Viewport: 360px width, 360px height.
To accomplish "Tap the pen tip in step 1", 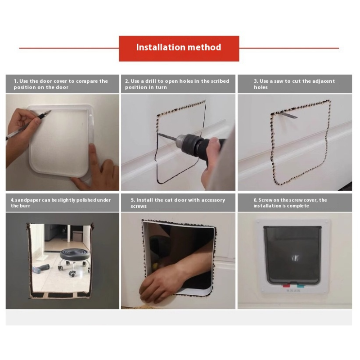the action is pos(50,112).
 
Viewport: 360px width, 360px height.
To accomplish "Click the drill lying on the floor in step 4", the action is pos(41,269).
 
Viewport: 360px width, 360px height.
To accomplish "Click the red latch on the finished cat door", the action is pos(286,286).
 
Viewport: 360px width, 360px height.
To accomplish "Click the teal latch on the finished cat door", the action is pos(301,286).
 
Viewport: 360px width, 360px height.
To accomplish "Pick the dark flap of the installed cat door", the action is pos(292,254).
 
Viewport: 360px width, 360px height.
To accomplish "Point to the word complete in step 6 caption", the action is pos(298,206).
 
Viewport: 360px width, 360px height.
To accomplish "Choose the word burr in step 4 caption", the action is pos(25,206).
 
